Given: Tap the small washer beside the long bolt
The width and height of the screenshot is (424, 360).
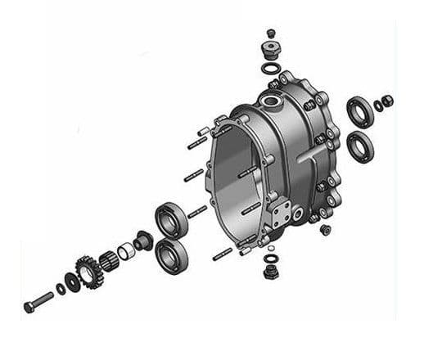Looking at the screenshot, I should pyautogui.click(x=61, y=288).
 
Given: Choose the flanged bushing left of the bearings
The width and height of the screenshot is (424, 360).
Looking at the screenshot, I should pyautogui.click(x=144, y=241).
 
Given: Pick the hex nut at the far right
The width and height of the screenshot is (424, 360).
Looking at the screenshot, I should pyautogui.click(x=388, y=101).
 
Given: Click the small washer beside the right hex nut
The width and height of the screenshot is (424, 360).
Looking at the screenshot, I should pyautogui.click(x=378, y=105).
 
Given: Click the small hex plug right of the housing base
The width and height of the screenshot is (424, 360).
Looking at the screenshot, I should pyautogui.click(x=326, y=229).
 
